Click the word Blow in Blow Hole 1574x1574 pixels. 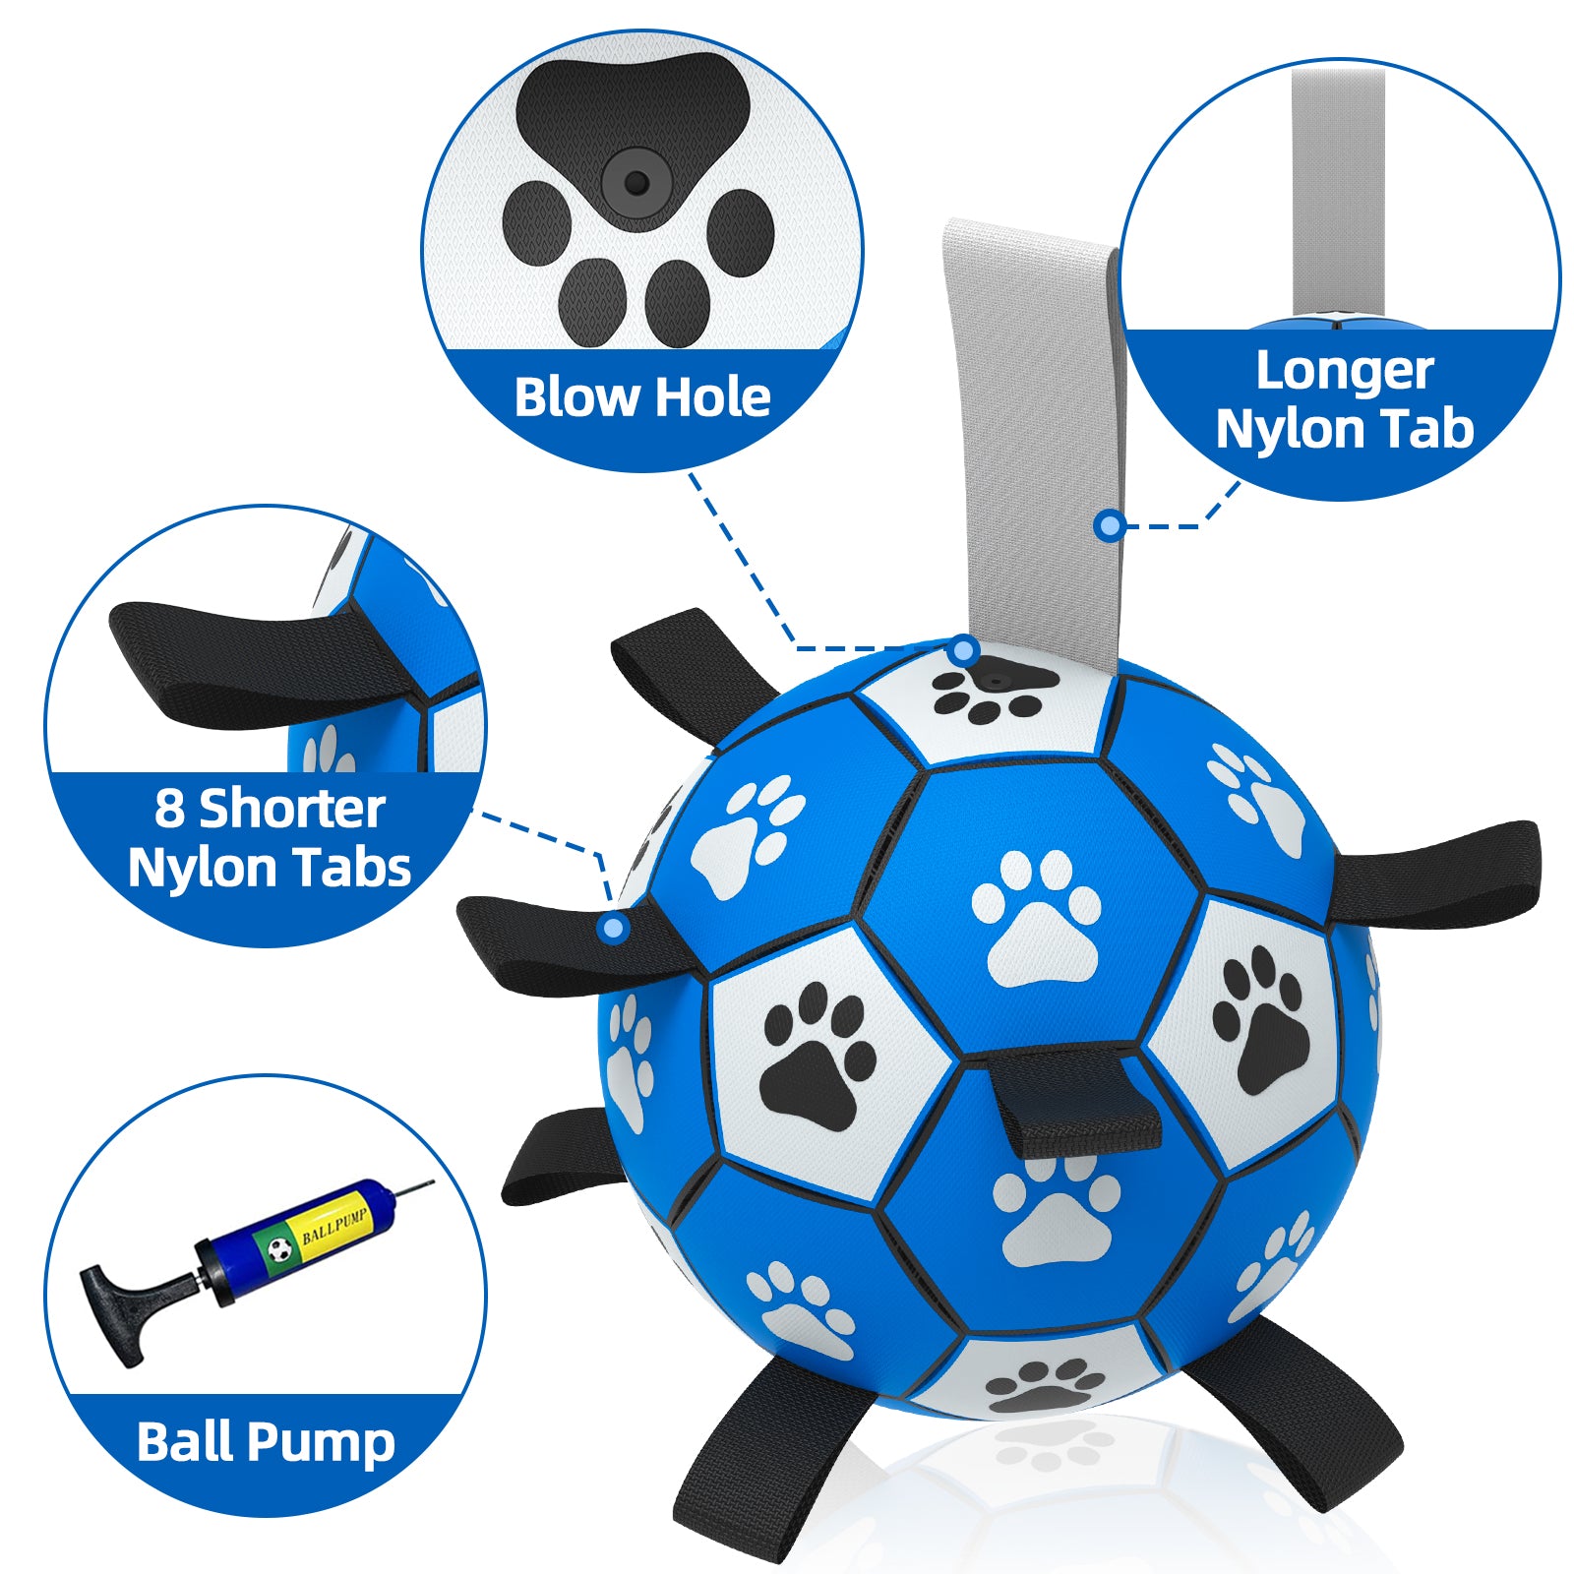[x=577, y=397]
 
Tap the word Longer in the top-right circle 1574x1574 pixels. [x=1344, y=372]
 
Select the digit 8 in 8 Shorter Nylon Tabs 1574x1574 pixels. [x=169, y=810]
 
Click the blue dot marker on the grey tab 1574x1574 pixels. [x=1110, y=526]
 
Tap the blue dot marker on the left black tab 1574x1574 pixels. [x=613, y=927]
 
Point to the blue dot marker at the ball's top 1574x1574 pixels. [x=964, y=649]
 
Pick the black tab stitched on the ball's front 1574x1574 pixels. [x=1074, y=1102]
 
